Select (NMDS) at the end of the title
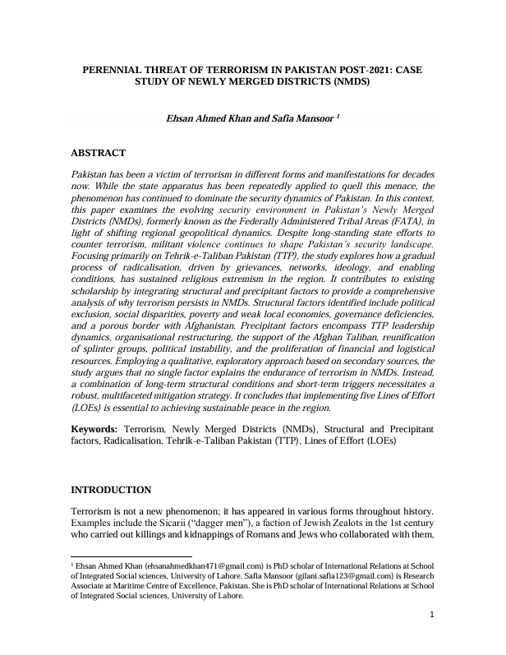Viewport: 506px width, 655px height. (347, 83)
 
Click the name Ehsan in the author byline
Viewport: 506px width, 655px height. (182, 118)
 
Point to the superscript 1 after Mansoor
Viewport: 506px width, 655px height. (338, 116)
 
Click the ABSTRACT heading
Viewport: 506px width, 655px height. (98, 154)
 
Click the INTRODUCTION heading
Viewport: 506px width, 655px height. (111, 490)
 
